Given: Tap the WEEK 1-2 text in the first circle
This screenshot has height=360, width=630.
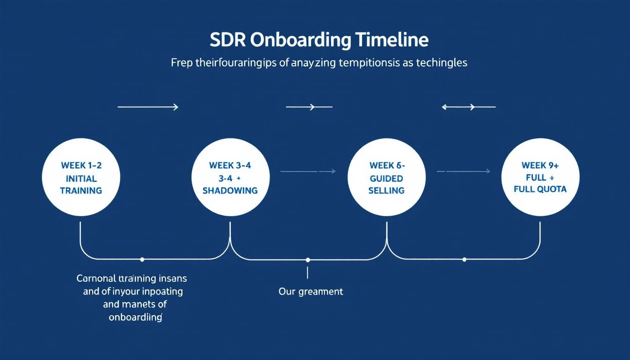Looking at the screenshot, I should pyautogui.click(x=81, y=165).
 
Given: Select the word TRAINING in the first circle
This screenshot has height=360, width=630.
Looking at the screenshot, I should pyautogui.click(x=81, y=190).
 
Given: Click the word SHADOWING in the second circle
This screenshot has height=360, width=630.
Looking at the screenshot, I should pyautogui.click(x=230, y=190).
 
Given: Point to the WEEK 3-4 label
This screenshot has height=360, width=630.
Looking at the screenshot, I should pyautogui.click(x=230, y=165).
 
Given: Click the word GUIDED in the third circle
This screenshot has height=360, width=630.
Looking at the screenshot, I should pyautogui.click(x=386, y=178).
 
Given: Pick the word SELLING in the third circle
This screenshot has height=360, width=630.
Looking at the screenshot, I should pyautogui.click(x=386, y=190).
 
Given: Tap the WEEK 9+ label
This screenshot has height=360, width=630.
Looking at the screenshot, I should pyautogui.click(x=540, y=165).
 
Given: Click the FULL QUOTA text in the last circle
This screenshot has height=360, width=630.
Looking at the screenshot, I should pyautogui.click(x=540, y=189).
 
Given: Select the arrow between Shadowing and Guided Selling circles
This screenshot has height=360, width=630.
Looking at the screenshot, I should pyautogui.click(x=308, y=172).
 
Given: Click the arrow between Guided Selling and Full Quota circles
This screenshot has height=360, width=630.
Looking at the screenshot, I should pyautogui.click(x=463, y=172).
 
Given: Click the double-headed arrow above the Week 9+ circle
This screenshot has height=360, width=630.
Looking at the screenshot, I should pyautogui.click(x=468, y=107).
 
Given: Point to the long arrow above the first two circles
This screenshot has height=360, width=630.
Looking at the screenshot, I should pyautogui.click(x=148, y=107).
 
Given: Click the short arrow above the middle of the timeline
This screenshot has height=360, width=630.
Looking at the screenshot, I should pyautogui.click(x=309, y=107).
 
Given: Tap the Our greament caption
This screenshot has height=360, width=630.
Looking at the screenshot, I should pyautogui.click(x=311, y=292).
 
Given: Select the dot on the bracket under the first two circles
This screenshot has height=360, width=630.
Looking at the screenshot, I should pyautogui.click(x=142, y=259).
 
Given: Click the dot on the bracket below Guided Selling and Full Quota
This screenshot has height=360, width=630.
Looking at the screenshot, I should pyautogui.click(x=464, y=259).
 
